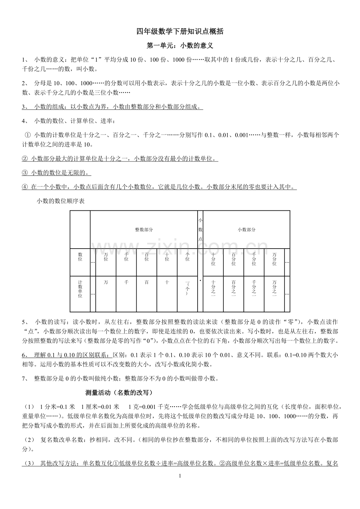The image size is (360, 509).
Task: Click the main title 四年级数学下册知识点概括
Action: [x=180, y=32]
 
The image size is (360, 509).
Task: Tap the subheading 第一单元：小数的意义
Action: [x=180, y=46]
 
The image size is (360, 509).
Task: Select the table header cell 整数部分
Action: [x=144, y=230]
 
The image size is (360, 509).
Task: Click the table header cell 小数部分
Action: [x=247, y=230]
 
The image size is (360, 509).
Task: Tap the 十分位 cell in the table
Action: [x=213, y=259]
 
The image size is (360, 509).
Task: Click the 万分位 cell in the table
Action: [x=274, y=259]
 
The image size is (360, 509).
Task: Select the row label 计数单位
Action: [x=80, y=289]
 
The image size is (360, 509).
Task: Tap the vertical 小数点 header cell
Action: [x=200, y=230]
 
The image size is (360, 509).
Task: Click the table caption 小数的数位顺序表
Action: [x=61, y=201]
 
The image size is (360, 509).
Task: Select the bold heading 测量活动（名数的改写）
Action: [x=118, y=393]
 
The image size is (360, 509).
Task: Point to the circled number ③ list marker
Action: [x=24, y=173]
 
